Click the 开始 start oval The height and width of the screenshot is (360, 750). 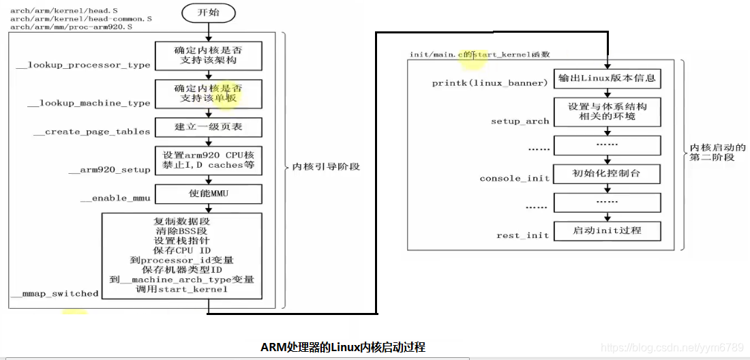click(209, 13)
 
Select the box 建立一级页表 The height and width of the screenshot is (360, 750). click(208, 127)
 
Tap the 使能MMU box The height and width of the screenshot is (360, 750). click(208, 194)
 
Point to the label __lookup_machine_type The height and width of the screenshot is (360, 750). click(89, 104)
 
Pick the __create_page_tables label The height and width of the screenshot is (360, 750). click(92, 132)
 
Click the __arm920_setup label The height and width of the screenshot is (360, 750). click(110, 170)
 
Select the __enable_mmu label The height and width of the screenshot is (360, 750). click(115, 198)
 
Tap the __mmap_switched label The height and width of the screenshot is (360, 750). click(55, 294)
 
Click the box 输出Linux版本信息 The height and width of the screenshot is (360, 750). click(607, 78)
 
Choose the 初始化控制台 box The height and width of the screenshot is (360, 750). click(607, 174)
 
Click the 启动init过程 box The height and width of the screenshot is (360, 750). click(607, 230)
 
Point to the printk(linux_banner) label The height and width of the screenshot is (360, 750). click(490, 83)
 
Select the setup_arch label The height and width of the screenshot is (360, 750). click(520, 121)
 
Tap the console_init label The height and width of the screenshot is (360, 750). click(515, 179)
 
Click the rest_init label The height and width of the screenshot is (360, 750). click(522, 235)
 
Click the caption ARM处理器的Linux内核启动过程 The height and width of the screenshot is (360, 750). click(343, 347)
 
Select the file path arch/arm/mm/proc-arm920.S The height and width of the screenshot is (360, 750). click(71, 27)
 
